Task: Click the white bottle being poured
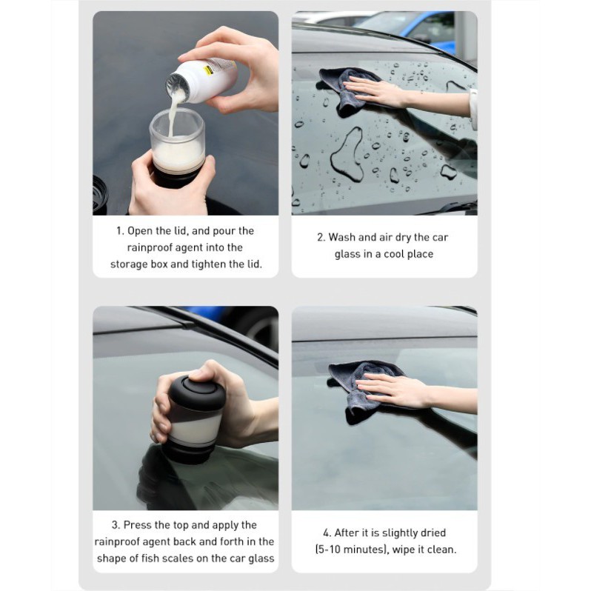point(201,81)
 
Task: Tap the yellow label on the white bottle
point(207,70)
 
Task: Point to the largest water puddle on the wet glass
point(347,155)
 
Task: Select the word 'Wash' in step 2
point(342,237)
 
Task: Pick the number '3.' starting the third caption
point(116,524)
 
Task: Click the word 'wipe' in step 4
point(404,550)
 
